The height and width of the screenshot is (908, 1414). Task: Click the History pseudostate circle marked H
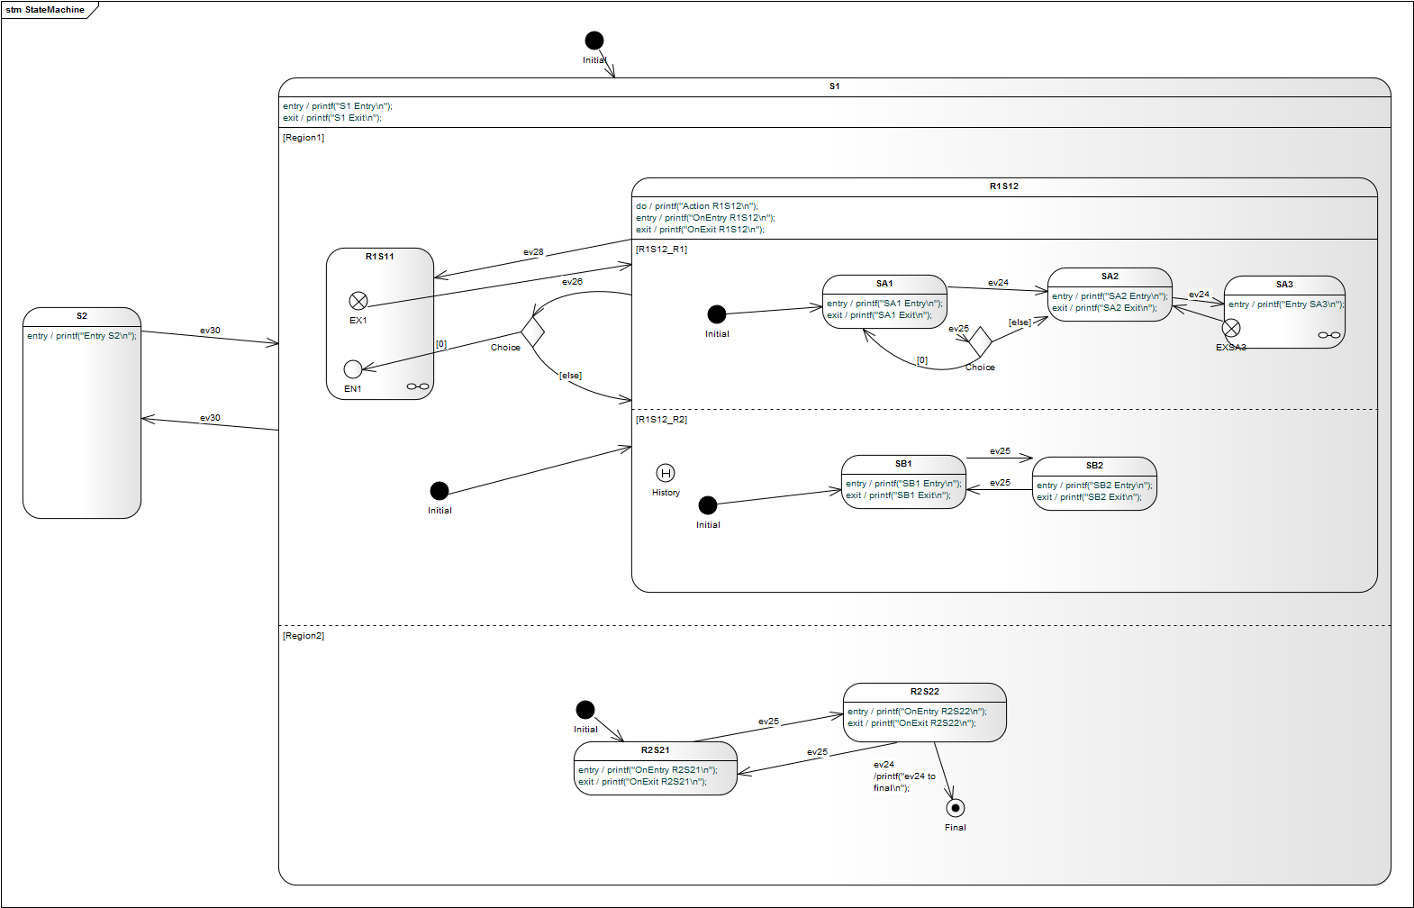[666, 473]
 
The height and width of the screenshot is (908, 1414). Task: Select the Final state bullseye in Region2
[956, 808]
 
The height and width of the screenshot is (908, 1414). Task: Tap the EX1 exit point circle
[358, 301]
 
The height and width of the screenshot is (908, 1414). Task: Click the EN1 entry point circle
[353, 369]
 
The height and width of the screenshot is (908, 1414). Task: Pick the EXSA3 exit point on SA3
[1231, 329]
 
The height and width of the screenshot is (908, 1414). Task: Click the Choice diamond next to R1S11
[532, 331]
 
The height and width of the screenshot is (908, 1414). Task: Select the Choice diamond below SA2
[980, 341]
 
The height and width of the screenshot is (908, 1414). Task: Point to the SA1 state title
[884, 284]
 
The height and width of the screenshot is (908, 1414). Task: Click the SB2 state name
[1094, 466]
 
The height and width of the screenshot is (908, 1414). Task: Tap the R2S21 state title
[655, 750]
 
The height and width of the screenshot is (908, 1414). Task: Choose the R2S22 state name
[924, 692]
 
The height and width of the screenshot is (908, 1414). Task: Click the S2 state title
[82, 316]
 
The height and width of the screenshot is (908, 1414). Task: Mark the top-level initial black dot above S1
[594, 41]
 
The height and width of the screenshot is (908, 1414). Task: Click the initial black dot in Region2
[585, 710]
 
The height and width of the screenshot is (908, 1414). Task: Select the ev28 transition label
[533, 252]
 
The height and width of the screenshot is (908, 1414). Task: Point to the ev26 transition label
[572, 282]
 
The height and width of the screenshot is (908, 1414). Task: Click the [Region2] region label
[304, 636]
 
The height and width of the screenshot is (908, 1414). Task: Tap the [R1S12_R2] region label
[661, 420]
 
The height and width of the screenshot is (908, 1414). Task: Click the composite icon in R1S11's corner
[418, 386]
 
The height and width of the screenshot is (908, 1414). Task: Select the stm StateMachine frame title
[45, 10]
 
